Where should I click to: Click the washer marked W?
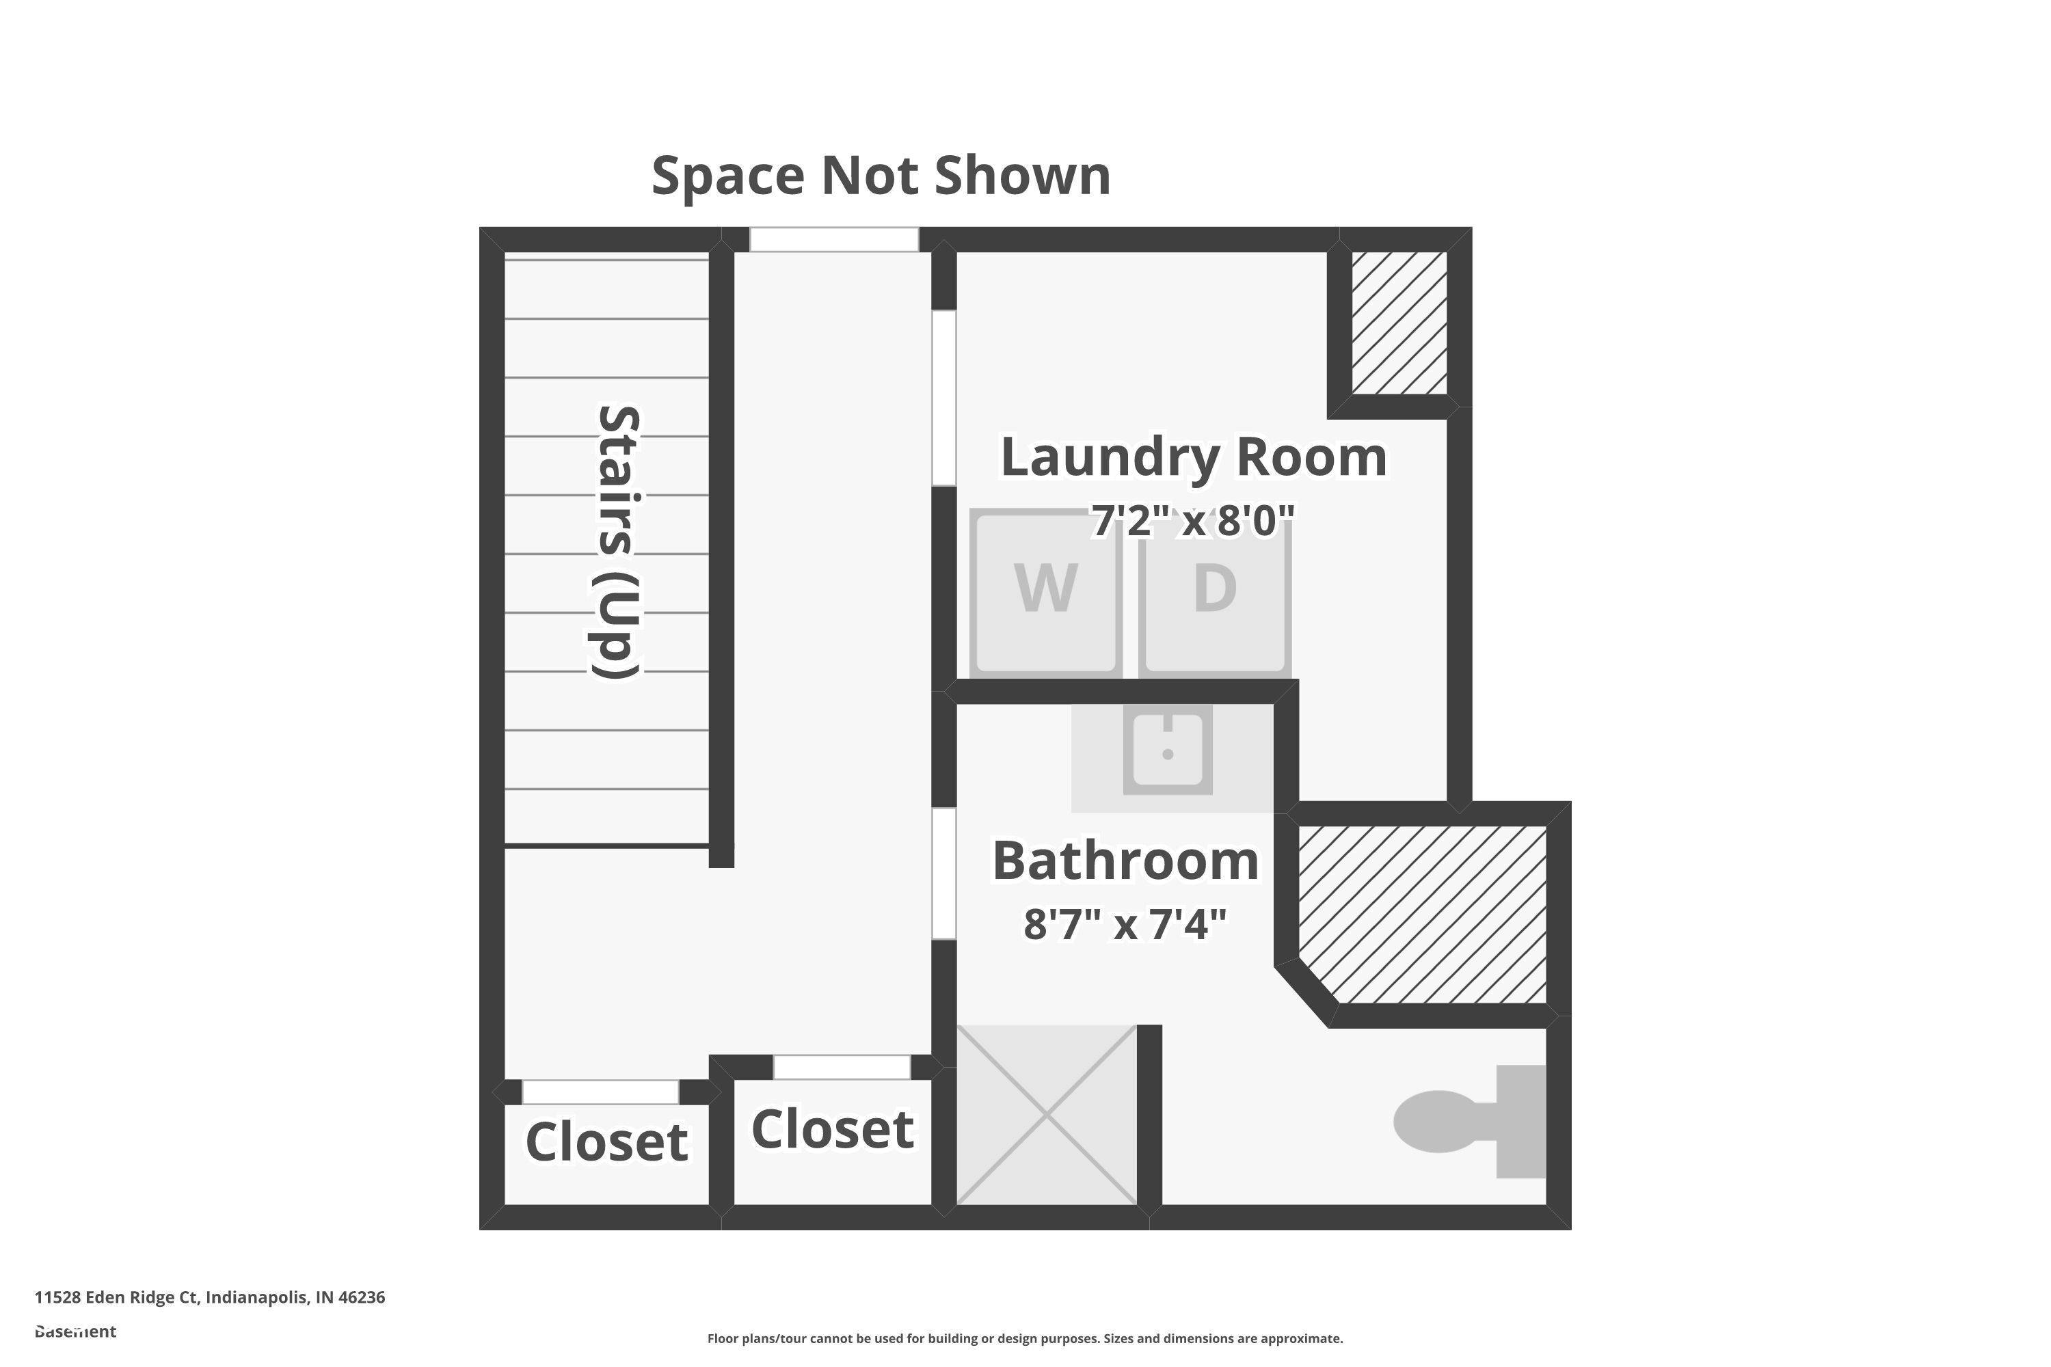(x=1045, y=592)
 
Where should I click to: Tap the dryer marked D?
(x=1215, y=592)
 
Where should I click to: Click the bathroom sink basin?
(x=1168, y=749)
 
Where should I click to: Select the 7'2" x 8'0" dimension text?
(x=1192, y=520)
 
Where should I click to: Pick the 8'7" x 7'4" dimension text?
(x=1125, y=924)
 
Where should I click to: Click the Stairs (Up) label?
(x=617, y=541)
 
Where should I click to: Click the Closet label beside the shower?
(x=833, y=1129)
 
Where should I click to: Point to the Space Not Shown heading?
(x=881, y=175)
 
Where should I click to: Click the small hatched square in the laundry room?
(x=1399, y=323)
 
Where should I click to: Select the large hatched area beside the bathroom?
(x=1422, y=914)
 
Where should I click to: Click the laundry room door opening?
(x=944, y=398)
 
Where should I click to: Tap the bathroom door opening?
(x=944, y=874)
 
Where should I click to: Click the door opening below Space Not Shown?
(x=835, y=240)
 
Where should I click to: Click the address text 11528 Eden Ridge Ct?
(x=117, y=1297)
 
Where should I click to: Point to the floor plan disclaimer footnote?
(x=1025, y=1338)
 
